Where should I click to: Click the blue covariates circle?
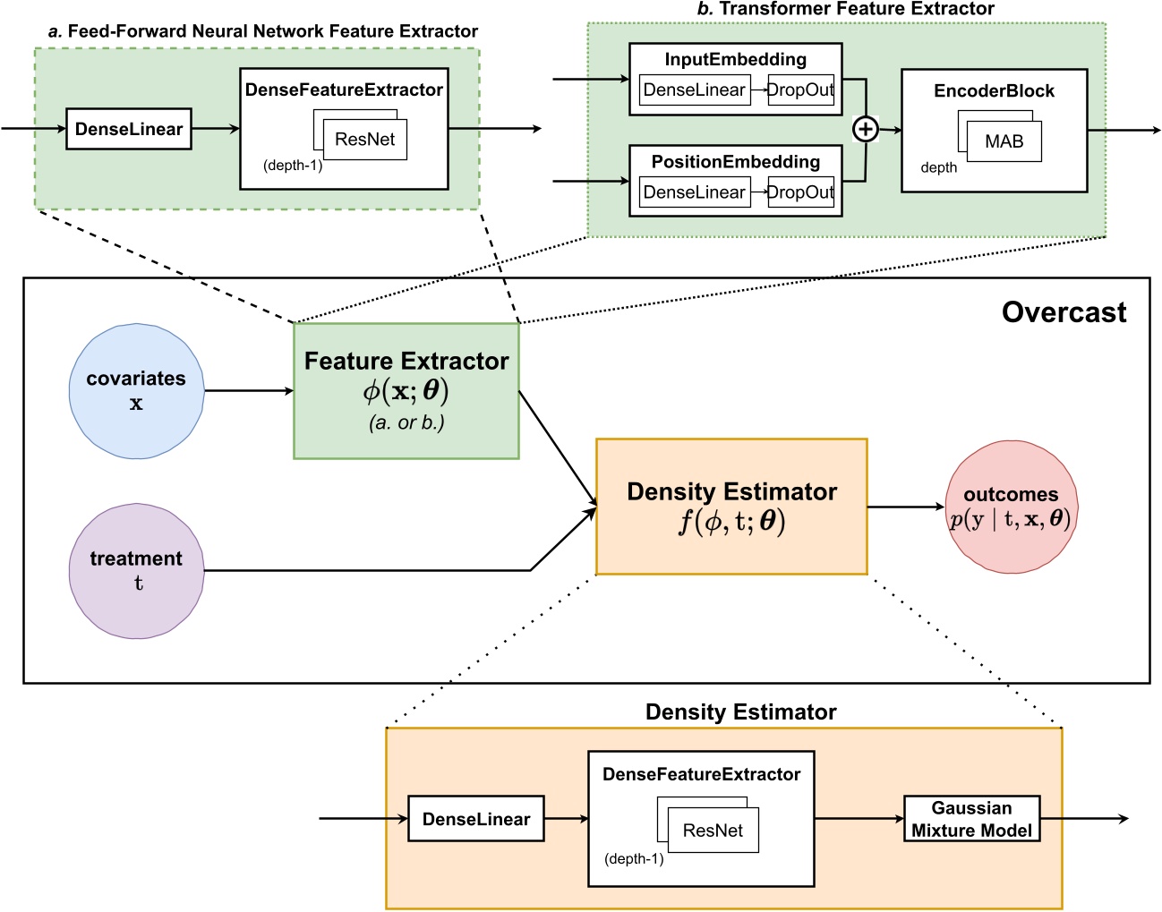tap(136, 391)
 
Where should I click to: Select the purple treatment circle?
tap(136, 571)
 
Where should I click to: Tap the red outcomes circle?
tap(1011, 507)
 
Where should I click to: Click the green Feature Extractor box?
tap(406, 391)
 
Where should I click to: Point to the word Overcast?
tap(1064, 312)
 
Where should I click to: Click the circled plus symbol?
tap(865, 130)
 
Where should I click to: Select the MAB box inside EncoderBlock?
tap(1004, 141)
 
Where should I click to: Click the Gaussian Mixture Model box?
tap(971, 819)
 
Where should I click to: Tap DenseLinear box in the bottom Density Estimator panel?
tap(475, 819)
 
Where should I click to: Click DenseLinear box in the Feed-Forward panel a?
tap(129, 129)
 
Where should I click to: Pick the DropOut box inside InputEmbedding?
tap(800, 89)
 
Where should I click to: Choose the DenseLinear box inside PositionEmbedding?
tap(695, 192)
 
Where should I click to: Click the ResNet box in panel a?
tap(365, 140)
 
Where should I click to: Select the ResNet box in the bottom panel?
tap(713, 831)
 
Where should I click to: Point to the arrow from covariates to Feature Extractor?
tap(249, 390)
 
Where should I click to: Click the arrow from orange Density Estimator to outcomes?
tap(905, 507)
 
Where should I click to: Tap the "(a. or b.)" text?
tap(406, 422)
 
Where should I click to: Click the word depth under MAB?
tap(938, 167)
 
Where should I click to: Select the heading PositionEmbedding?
tap(735, 162)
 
